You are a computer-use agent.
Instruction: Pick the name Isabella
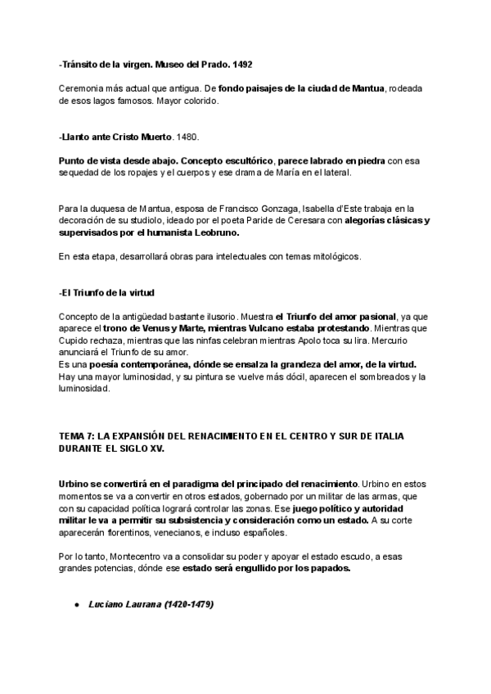(x=310, y=209)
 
